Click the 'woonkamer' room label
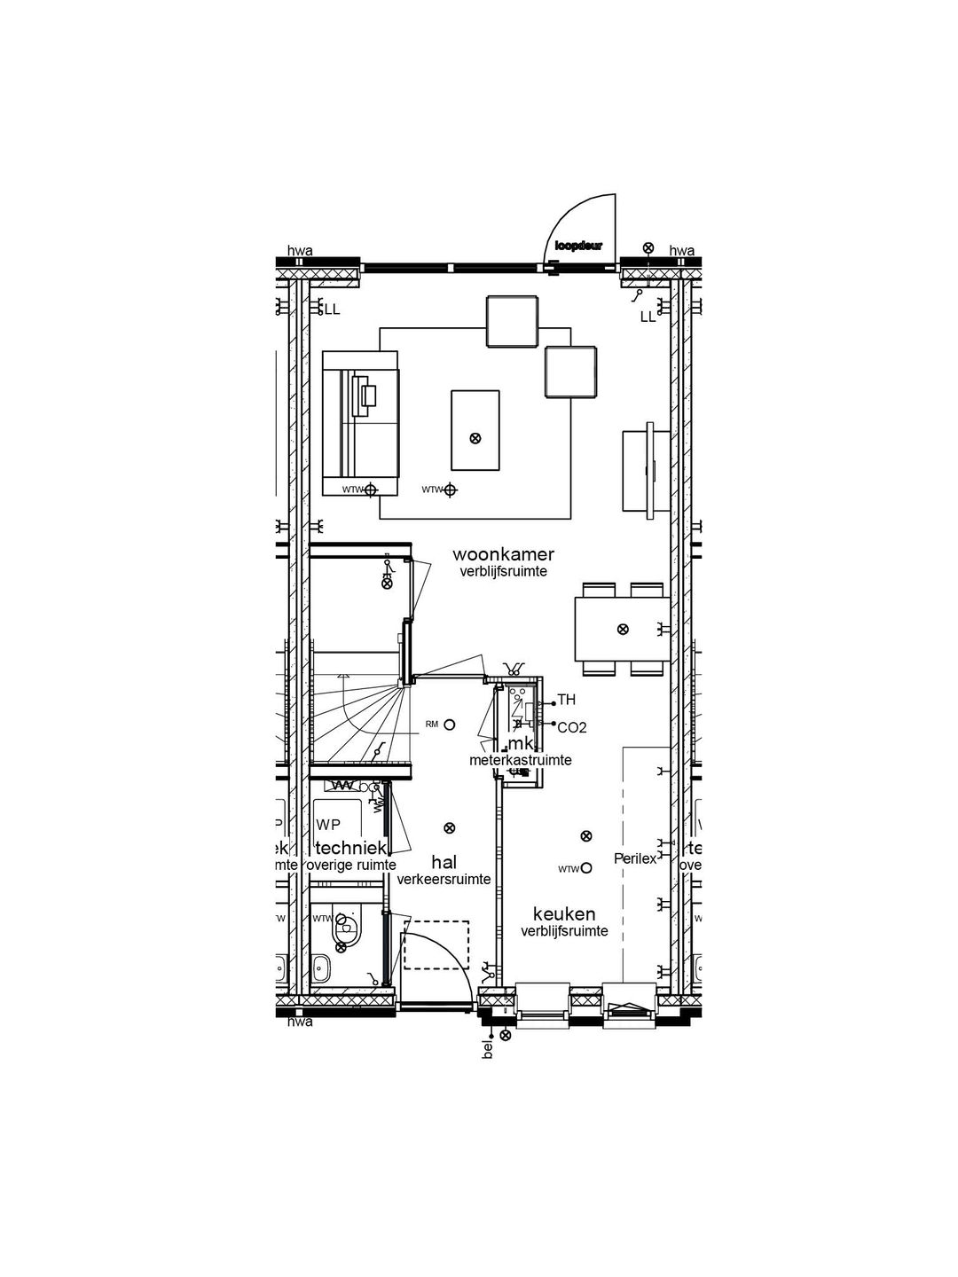tap(503, 554)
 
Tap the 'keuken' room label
tap(563, 914)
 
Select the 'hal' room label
tap(444, 862)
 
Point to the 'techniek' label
tap(351, 849)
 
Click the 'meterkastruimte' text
tap(520, 760)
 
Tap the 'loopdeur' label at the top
tap(578, 246)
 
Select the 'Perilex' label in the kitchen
tap(635, 858)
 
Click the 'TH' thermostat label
tap(566, 701)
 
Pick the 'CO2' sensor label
tap(571, 727)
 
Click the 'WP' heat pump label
tap(328, 825)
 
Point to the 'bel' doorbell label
tap(487, 1049)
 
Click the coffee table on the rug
tap(475, 430)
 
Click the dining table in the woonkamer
tap(622, 629)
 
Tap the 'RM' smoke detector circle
tap(450, 725)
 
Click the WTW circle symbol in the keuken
tap(585, 869)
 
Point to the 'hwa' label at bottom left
tap(300, 1022)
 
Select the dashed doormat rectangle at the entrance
tap(436, 945)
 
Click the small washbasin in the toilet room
tap(320, 968)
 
